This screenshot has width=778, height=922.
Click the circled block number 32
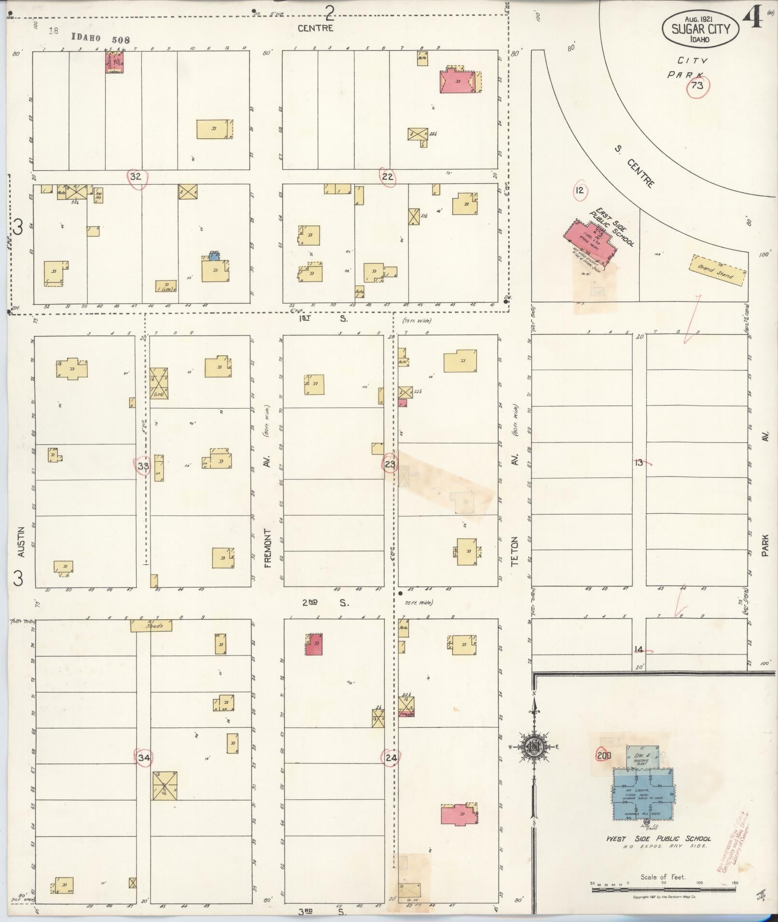click(136, 176)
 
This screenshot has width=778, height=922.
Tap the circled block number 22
click(388, 177)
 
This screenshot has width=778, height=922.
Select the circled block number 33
click(143, 466)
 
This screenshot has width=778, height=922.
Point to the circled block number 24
click(391, 758)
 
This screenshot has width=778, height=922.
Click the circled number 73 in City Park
click(696, 86)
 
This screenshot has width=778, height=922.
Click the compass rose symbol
click(533, 760)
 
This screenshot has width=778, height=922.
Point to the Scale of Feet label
click(663, 877)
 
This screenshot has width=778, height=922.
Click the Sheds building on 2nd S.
click(151, 626)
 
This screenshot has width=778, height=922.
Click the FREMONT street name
click(268, 548)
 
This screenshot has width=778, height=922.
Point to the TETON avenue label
click(515, 550)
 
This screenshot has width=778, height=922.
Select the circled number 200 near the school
click(603, 755)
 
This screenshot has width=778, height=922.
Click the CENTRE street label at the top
click(315, 28)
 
